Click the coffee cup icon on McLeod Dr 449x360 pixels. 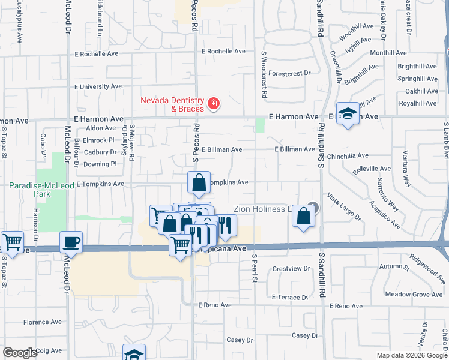tap(71, 241)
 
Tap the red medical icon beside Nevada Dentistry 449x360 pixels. tap(213, 105)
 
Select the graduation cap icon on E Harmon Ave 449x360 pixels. tap(348, 113)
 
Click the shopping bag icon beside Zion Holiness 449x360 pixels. tap(304, 216)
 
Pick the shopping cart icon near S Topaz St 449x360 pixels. tap(12, 242)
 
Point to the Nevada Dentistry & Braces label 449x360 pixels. tap(172, 104)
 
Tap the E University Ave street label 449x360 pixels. tap(99, 86)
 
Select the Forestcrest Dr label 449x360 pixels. tap(289, 73)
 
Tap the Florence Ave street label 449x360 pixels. tap(43, 322)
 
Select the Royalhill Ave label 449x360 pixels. tap(421, 103)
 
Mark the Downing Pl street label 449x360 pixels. tap(100, 164)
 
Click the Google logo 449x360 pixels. tap(20, 353)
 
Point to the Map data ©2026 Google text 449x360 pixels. tap(411, 355)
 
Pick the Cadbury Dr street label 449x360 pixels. tap(100, 152)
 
